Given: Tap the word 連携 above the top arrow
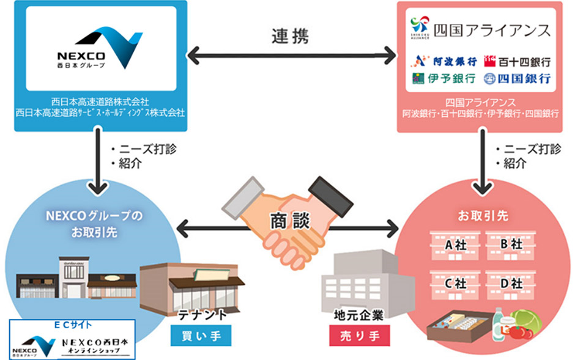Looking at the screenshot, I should (x=290, y=36).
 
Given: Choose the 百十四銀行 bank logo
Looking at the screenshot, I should (x=517, y=61).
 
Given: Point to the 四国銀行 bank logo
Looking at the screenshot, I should (x=517, y=79).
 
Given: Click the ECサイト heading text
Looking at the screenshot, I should (x=72, y=324).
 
